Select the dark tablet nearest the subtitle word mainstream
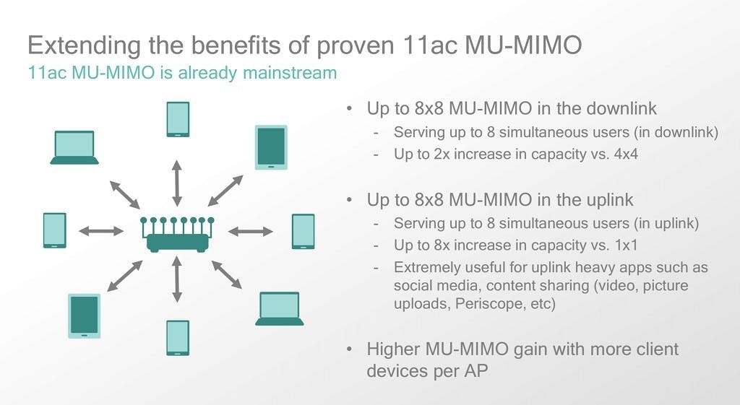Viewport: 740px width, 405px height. [271, 147]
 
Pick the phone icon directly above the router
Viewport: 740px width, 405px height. [178, 119]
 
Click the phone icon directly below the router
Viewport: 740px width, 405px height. [178, 338]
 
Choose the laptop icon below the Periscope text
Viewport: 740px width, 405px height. [280, 309]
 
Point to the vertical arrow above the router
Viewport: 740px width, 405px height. [177, 183]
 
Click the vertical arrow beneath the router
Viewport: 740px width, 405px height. [177, 279]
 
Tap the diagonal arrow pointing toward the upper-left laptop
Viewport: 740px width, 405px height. [124, 194]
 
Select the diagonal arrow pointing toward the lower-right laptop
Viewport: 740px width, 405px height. [226, 274]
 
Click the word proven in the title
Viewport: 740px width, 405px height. [356, 45]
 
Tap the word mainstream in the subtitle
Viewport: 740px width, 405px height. [290, 73]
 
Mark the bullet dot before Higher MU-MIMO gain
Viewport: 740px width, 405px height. [349, 349]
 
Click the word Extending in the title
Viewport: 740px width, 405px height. [85, 45]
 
